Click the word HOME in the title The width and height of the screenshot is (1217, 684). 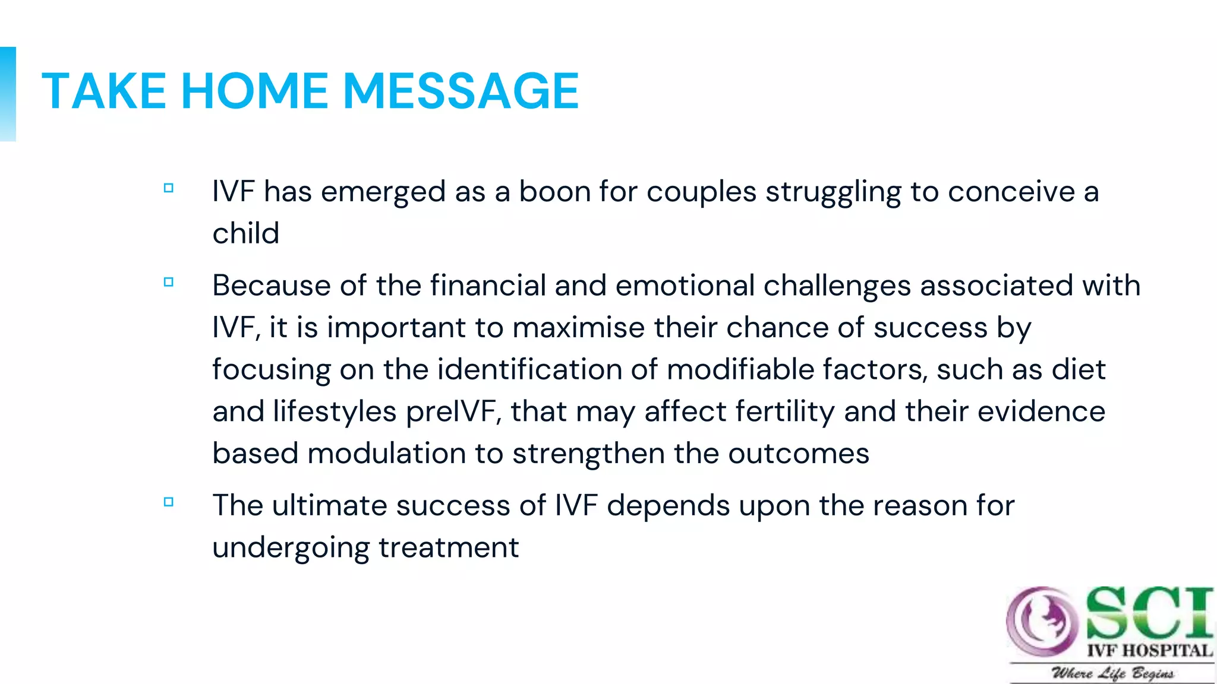(x=254, y=91)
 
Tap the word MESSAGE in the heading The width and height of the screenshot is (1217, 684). (x=461, y=91)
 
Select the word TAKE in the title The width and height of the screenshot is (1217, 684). (x=104, y=91)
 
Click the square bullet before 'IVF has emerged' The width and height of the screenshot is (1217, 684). (x=169, y=188)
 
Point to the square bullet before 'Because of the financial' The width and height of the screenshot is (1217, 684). (x=169, y=282)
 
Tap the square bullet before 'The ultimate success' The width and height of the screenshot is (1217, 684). (x=169, y=502)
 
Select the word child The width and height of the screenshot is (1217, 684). (x=245, y=233)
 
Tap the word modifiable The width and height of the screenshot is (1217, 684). (x=740, y=369)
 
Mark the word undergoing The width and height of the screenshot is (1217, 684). (x=291, y=548)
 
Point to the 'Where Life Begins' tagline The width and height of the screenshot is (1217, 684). (x=1112, y=673)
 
